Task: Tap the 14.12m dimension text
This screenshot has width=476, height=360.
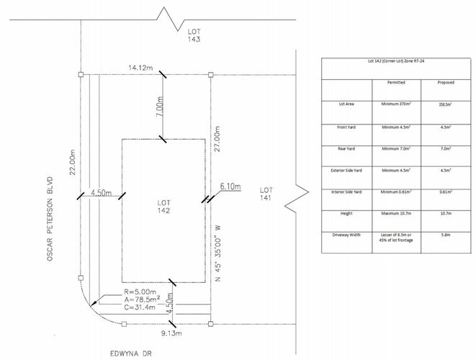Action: [x=140, y=68]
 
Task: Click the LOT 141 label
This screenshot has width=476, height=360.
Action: [x=266, y=194]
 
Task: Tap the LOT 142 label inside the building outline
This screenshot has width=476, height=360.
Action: [x=165, y=207]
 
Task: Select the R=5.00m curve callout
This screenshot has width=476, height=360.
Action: [x=120, y=293]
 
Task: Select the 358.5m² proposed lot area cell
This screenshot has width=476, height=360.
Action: [x=446, y=104]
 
